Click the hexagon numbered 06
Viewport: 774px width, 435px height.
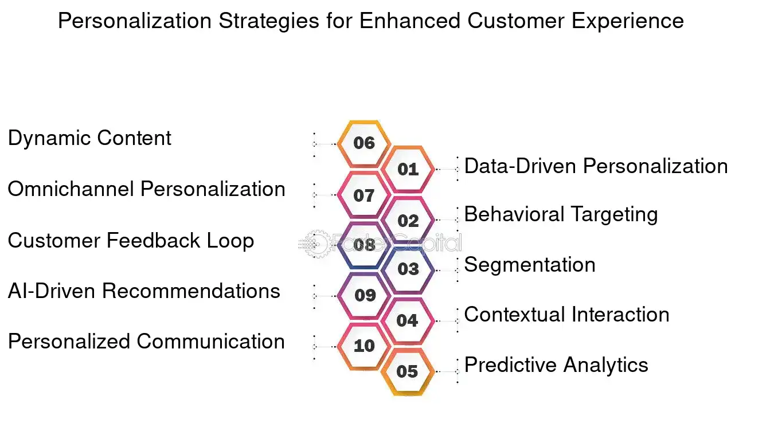coord(364,143)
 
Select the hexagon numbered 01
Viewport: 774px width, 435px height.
coord(408,169)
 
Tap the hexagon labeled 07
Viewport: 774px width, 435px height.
coord(364,195)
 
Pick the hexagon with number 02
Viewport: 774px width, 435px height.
coord(408,221)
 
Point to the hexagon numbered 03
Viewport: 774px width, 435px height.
coord(408,269)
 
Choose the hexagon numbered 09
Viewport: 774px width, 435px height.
coord(365,296)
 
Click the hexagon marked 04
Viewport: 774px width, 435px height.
coord(407,320)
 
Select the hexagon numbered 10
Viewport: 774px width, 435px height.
coord(364,346)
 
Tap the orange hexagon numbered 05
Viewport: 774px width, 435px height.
coord(407,371)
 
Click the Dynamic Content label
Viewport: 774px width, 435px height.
coord(89,139)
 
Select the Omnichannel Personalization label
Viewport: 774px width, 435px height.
coord(146,189)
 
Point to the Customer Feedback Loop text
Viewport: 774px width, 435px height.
coord(131,240)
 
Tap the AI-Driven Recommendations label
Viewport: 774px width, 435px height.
coord(144,291)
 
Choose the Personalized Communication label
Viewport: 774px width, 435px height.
coord(146,342)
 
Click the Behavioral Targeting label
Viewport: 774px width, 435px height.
coord(561,215)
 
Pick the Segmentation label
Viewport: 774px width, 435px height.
coord(530,265)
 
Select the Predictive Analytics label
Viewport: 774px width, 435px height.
coord(556,365)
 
